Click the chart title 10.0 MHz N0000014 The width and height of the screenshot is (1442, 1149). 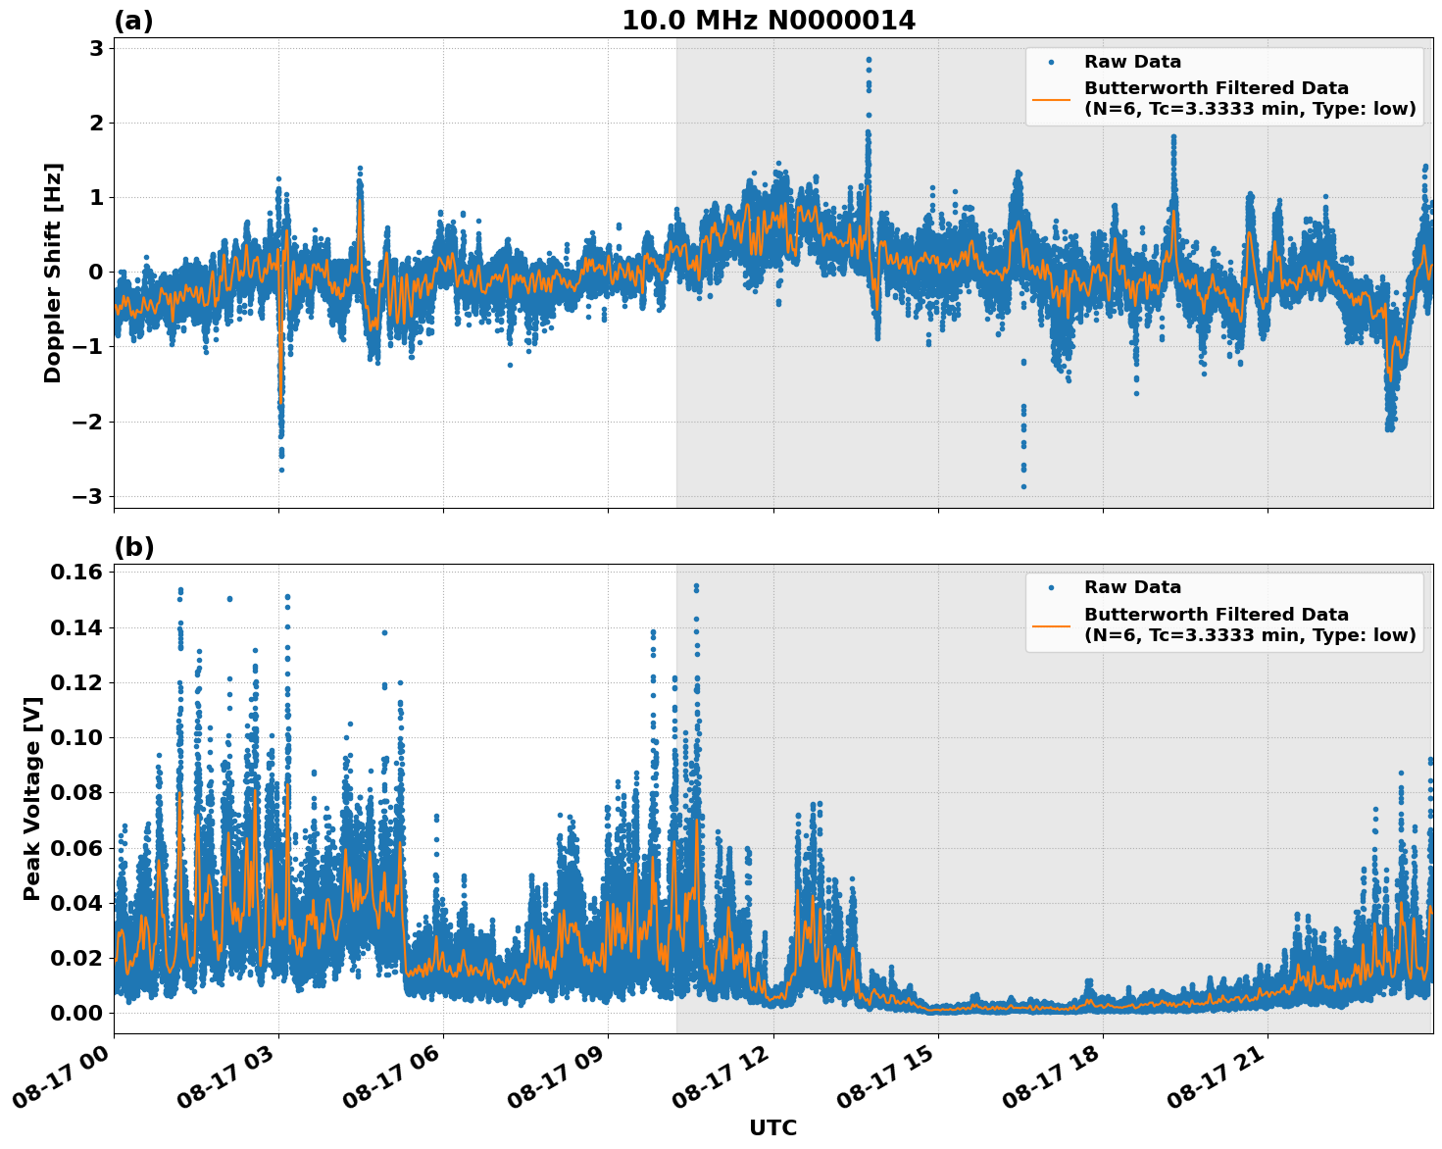click(x=769, y=21)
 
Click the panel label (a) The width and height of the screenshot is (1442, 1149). click(x=133, y=21)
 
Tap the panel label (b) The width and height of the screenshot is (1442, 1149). click(x=133, y=547)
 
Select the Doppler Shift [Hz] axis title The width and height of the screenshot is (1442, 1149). click(x=53, y=273)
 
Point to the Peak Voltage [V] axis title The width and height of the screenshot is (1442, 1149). click(x=32, y=798)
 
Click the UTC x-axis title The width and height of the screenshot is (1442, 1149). click(x=772, y=1127)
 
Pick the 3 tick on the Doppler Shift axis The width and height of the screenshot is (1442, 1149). click(x=97, y=48)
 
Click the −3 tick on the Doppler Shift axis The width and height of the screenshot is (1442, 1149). click(x=88, y=496)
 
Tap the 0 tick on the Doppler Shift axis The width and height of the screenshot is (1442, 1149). click(x=97, y=273)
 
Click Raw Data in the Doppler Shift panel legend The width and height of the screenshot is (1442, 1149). click(x=1132, y=62)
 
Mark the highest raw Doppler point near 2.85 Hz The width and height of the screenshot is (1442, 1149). click(x=869, y=59)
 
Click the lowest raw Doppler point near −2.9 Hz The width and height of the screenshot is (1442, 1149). click(x=1023, y=486)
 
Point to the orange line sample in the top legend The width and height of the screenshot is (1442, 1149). click(x=1051, y=98)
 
